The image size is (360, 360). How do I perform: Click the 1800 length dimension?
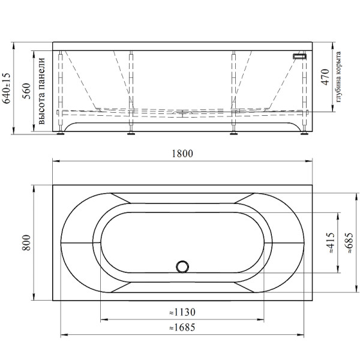click(182, 154)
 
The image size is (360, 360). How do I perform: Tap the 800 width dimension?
click(26, 242)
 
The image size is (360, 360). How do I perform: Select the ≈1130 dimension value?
click(182, 312)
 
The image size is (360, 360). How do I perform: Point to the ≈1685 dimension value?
click(182, 328)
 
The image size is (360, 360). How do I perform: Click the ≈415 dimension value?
click(331, 242)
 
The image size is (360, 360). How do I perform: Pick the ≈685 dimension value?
click(349, 242)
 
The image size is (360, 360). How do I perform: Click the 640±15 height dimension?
click(6, 88)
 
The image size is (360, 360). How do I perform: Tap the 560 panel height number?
click(26, 91)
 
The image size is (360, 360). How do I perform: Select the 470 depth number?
click(326, 77)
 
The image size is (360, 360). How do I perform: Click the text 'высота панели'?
click(41, 91)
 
